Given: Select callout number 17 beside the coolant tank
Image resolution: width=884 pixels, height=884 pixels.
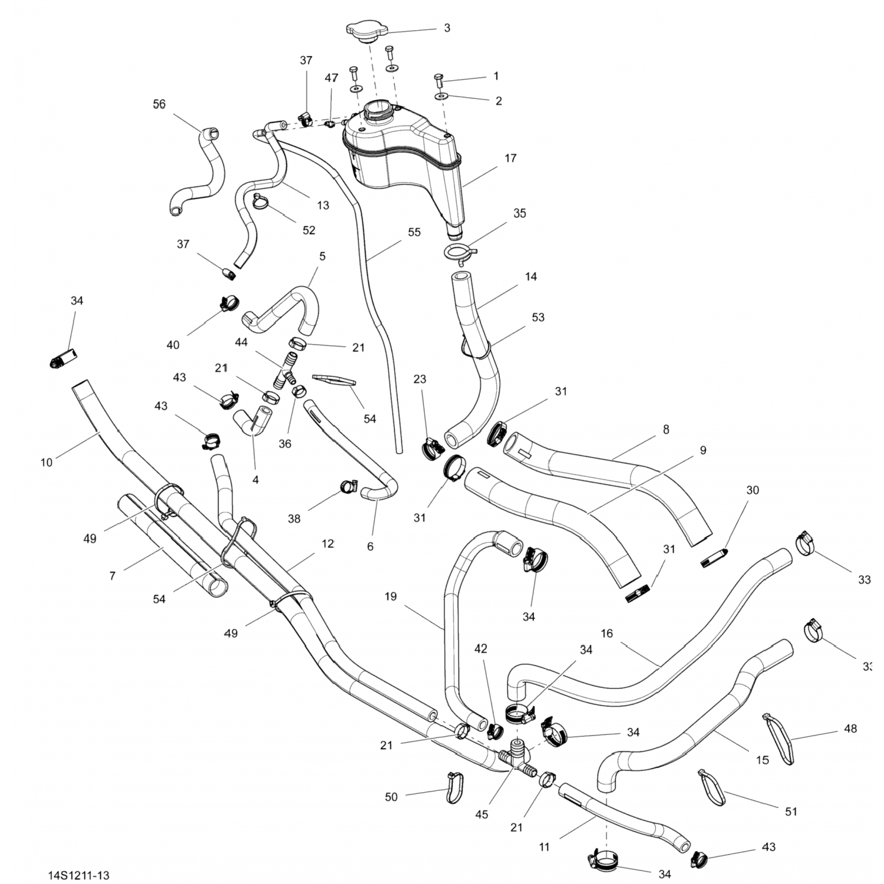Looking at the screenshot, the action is (510, 158).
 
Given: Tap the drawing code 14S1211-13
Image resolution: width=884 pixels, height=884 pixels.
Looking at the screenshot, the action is (78, 875).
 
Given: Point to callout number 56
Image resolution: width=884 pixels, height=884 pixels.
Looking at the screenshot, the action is (159, 104).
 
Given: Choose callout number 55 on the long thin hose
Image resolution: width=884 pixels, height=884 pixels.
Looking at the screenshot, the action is (414, 232).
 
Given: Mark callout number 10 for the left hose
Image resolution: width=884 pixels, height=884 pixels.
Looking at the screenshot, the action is (47, 463).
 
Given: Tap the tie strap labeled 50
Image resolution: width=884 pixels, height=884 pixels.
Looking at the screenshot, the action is (454, 786).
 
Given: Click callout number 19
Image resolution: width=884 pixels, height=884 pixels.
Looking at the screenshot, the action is (391, 596).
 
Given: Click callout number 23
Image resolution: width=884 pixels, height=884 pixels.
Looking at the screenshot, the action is (420, 379).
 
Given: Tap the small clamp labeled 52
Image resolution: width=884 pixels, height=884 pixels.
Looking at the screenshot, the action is (260, 201).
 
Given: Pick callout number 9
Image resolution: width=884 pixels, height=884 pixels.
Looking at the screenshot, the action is (703, 450).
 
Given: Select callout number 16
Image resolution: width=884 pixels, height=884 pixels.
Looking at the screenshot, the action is (607, 634).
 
